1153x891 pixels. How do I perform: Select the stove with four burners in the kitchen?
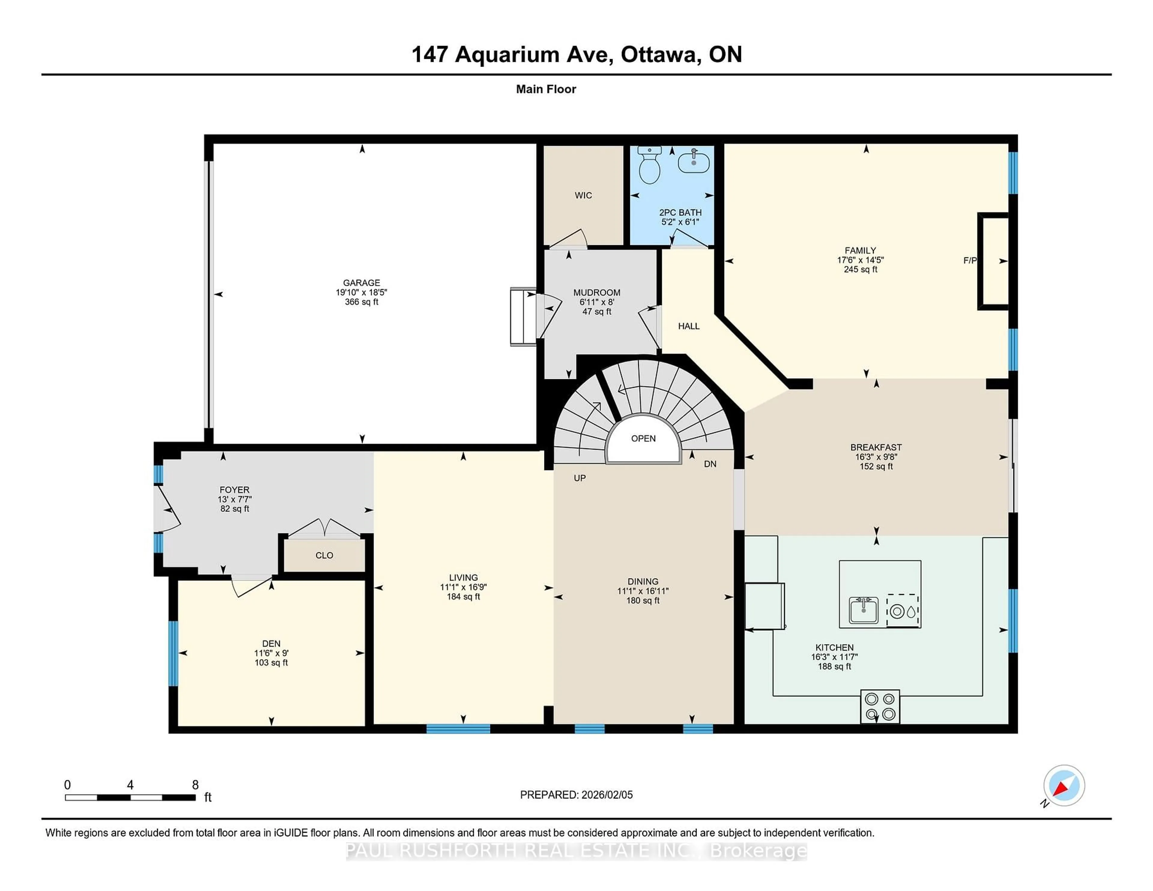pyautogui.click(x=880, y=706)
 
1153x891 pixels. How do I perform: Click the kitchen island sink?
pyautogui.click(x=864, y=611)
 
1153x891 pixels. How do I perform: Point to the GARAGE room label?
pyautogui.click(x=361, y=282)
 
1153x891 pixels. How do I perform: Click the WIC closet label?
pyautogui.click(x=583, y=195)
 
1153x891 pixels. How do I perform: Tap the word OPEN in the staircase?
pyautogui.click(x=643, y=439)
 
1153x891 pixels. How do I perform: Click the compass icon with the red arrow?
pyautogui.click(x=1064, y=785)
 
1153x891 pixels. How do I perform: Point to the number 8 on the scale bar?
pyautogui.click(x=195, y=785)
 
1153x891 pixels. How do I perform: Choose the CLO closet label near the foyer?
pyautogui.click(x=324, y=555)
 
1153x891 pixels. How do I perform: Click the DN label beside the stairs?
pyautogui.click(x=710, y=464)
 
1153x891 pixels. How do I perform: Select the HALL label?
pyautogui.click(x=688, y=326)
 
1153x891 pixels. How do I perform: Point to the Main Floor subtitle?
pyautogui.click(x=546, y=89)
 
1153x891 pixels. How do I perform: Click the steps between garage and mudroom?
pyautogui.click(x=523, y=317)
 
